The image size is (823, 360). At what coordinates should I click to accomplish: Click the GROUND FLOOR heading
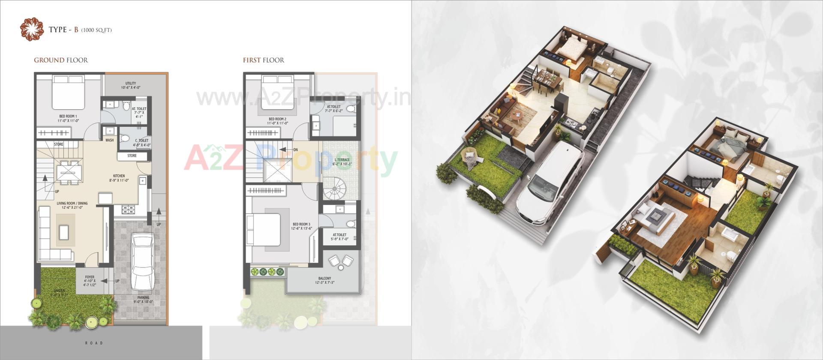coord(61,60)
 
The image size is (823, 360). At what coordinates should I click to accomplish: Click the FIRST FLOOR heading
coord(263,60)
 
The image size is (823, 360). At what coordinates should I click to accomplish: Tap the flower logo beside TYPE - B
coord(32,30)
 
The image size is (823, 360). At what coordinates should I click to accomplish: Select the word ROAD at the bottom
coord(94,343)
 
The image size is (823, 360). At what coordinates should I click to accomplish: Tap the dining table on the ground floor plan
coord(69,172)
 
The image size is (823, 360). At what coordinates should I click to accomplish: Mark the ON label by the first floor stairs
coord(295,150)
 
